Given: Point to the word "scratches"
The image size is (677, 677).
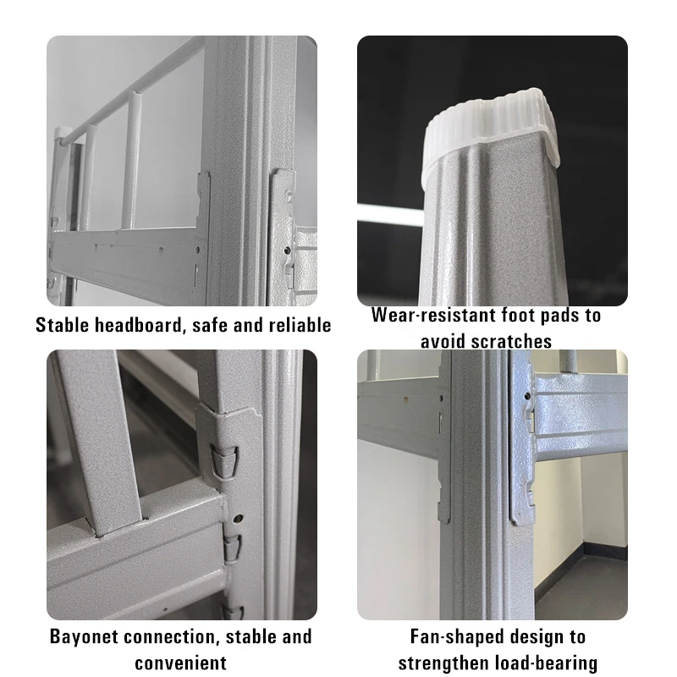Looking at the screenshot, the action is [511, 342].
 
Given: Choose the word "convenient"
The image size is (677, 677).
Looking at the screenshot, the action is [180, 663].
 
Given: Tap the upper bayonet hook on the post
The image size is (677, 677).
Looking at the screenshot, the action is [224, 461].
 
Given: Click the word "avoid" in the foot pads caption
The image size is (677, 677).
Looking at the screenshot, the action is [443, 342].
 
